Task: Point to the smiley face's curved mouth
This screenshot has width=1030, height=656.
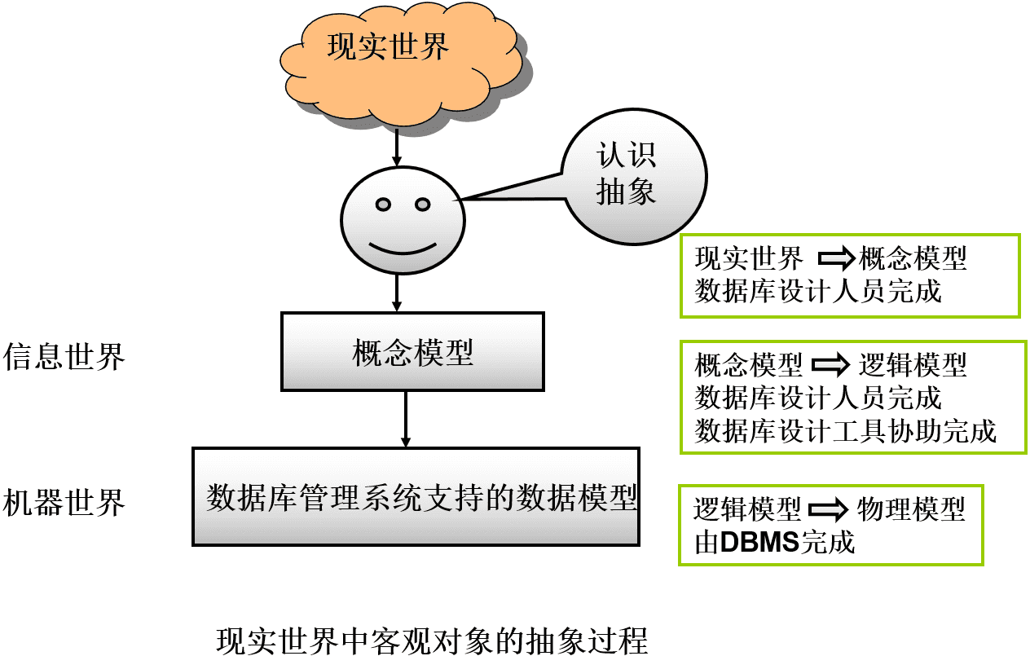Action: coord(402,247)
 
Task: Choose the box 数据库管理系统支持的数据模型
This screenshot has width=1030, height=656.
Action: coord(416,496)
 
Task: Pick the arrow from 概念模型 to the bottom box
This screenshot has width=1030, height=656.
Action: coord(405,420)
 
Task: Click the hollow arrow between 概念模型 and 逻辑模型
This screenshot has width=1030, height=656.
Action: coord(832,365)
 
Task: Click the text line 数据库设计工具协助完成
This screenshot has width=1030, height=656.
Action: coord(845,430)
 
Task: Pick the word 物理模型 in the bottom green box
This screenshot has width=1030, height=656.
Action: coord(911,510)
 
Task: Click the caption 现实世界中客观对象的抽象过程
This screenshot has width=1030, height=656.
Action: coord(432,640)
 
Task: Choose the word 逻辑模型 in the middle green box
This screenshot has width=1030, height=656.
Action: coord(913,365)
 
